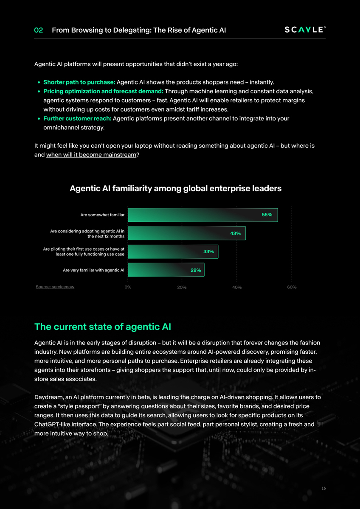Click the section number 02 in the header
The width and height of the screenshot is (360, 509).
(39, 30)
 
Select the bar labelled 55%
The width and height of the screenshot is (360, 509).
(202, 215)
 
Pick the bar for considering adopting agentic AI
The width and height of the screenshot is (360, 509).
(186, 233)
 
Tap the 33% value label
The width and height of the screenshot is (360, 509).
(208, 252)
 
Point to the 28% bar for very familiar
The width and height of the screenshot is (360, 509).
(166, 270)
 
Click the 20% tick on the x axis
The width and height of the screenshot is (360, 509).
(182, 287)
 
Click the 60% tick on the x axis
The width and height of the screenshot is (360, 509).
(292, 287)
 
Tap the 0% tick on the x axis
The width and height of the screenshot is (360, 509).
(128, 287)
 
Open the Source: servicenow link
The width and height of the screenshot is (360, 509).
(55, 287)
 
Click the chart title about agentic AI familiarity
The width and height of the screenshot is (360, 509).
(175, 188)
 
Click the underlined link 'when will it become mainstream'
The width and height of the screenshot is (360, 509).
(91, 155)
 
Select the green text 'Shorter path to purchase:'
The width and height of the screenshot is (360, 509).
(79, 82)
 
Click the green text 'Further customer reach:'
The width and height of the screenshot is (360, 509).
(77, 118)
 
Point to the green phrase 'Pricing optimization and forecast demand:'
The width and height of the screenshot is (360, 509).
(103, 91)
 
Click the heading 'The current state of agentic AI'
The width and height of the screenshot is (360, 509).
(102, 327)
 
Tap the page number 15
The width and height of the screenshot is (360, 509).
(323, 489)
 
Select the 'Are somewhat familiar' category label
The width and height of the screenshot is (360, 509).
(102, 215)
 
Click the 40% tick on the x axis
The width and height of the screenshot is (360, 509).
(237, 287)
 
